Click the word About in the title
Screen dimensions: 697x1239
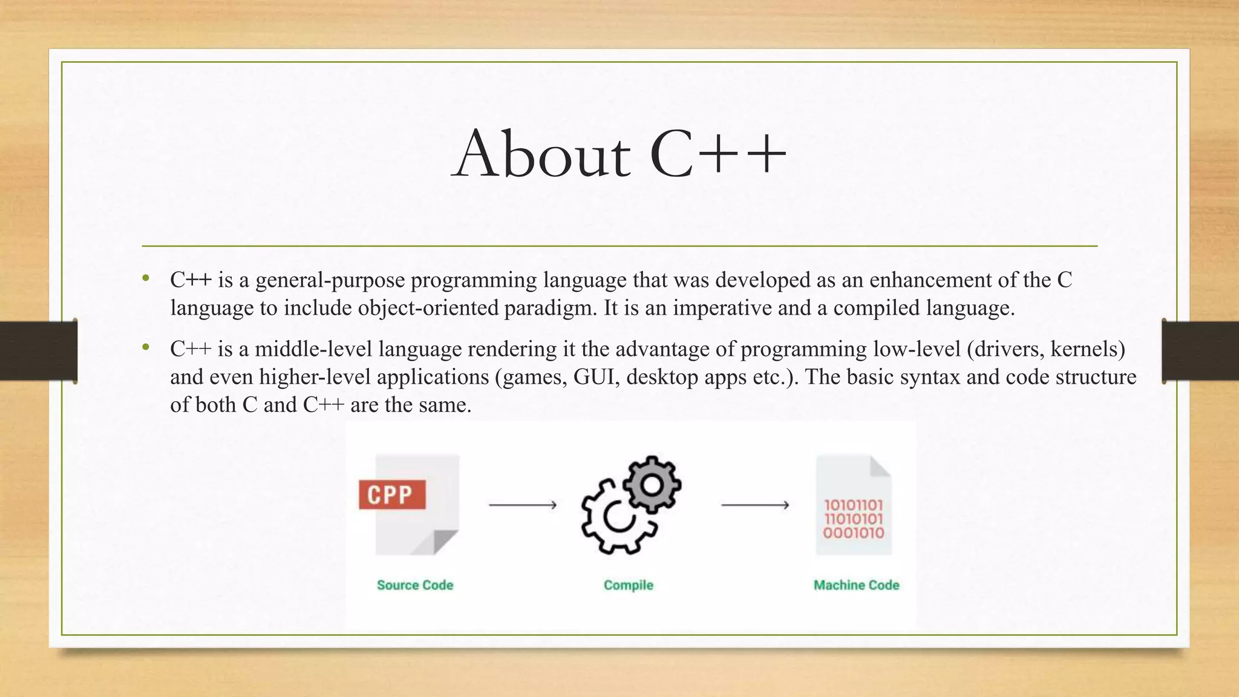(541, 154)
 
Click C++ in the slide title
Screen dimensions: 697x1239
(718, 154)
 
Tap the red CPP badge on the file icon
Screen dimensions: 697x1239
(392, 495)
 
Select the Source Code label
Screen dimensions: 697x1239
(415, 585)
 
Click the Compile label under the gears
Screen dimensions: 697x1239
(629, 585)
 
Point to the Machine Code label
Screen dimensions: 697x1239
(856, 585)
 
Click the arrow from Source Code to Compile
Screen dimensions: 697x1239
(523, 505)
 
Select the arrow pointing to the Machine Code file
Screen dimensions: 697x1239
(755, 505)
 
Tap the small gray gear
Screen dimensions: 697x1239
(652, 485)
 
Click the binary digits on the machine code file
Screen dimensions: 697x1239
(854, 519)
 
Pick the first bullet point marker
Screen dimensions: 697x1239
(146, 279)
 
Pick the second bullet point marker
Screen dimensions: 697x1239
(146, 348)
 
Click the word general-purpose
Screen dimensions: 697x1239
(330, 280)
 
